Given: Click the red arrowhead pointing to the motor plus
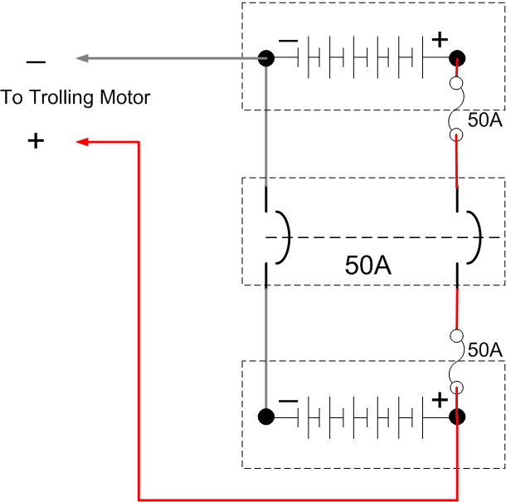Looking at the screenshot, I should point(82,142).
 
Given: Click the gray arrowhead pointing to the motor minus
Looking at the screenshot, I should point(82,58).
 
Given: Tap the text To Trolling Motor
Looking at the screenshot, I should point(75,98).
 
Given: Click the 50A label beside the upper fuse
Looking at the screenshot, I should point(484,119).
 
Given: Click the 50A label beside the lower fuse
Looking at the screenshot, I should point(484,350).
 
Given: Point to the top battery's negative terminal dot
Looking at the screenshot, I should point(266,58).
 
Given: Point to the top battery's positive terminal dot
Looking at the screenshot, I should point(457,58).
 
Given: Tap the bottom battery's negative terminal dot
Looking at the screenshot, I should point(266,417).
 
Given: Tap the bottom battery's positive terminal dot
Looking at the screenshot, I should point(457,417).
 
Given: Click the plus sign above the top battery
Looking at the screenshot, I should point(439,38).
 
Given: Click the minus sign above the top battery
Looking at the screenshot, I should point(288,40).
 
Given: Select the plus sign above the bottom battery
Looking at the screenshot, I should point(439,400).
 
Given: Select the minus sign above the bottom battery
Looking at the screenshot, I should point(288,401).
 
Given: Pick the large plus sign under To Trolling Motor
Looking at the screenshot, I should point(36,141).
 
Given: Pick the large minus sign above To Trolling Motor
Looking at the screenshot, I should point(36,62).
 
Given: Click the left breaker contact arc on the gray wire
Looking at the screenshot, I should point(284,237).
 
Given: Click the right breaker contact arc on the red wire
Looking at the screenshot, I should point(475,237).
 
